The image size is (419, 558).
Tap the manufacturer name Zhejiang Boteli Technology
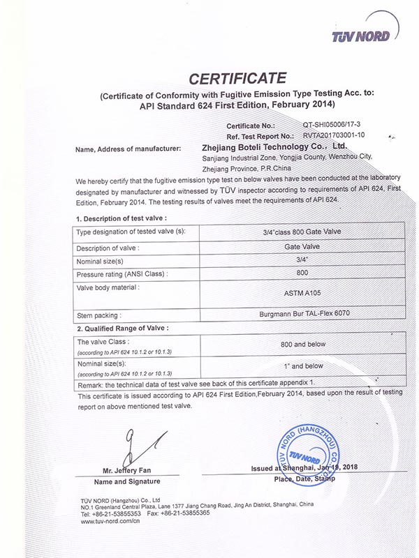(273, 148)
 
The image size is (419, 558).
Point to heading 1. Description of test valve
(124, 219)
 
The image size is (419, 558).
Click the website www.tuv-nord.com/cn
(110, 520)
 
